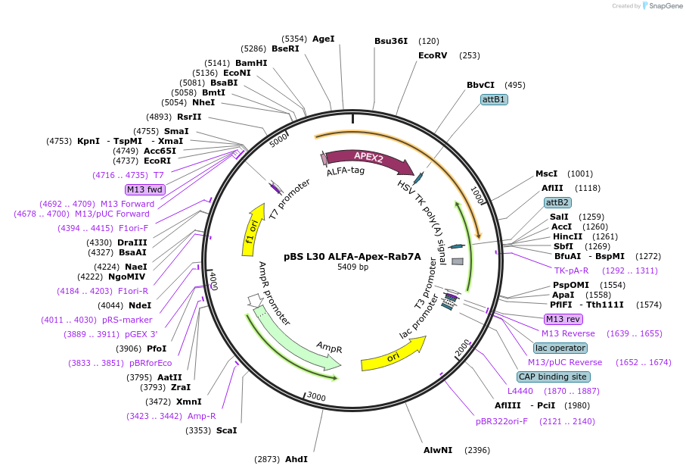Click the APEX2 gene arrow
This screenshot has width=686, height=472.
pyautogui.click(x=368, y=158)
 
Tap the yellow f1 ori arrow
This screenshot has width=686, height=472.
pyautogui.click(x=253, y=225)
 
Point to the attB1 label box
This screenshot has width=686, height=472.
pyautogui.click(x=494, y=99)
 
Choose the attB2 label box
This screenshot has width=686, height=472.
pyautogui.click(x=557, y=202)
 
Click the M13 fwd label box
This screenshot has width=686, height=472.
pyautogui.click(x=145, y=189)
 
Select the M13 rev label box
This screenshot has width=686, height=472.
pyautogui.click(x=563, y=319)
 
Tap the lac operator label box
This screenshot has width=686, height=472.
pyautogui.click(x=560, y=348)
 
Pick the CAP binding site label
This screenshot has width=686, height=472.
pyautogui.click(x=554, y=377)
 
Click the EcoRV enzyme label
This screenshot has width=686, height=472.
pyautogui.click(x=433, y=55)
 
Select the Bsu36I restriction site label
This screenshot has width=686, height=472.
pyautogui.click(x=391, y=41)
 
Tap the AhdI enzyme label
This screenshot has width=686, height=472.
pyautogui.click(x=296, y=459)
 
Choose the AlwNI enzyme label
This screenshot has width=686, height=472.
pyautogui.click(x=438, y=450)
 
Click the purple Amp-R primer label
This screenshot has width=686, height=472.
pyautogui.click(x=201, y=416)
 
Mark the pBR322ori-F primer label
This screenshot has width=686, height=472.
pyautogui.click(x=501, y=421)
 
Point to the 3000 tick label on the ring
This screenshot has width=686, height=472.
pyautogui.click(x=316, y=397)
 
